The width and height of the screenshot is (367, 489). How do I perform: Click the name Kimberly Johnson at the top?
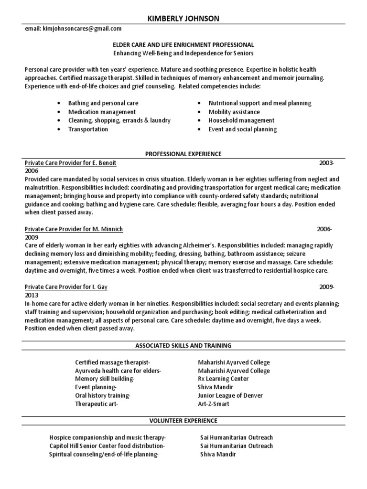pos(183,19)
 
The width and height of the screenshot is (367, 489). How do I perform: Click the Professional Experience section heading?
pos(183,154)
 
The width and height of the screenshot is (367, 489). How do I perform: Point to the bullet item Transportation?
pos(88,129)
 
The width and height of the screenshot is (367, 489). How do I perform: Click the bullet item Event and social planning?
pos(242,129)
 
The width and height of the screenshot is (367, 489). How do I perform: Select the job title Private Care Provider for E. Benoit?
pos(70,163)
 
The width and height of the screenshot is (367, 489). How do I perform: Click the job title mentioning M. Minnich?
pos(74,229)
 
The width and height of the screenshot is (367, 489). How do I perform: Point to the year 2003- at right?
pos(327,163)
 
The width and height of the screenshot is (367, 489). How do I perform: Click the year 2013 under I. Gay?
pos(32,295)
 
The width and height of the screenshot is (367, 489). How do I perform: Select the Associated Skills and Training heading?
pos(183,345)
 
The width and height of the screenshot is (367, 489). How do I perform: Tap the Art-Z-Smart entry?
pos(214,404)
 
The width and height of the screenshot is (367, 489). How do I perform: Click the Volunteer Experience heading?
pos(183,421)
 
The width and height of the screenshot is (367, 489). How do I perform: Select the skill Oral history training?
pos(102,395)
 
